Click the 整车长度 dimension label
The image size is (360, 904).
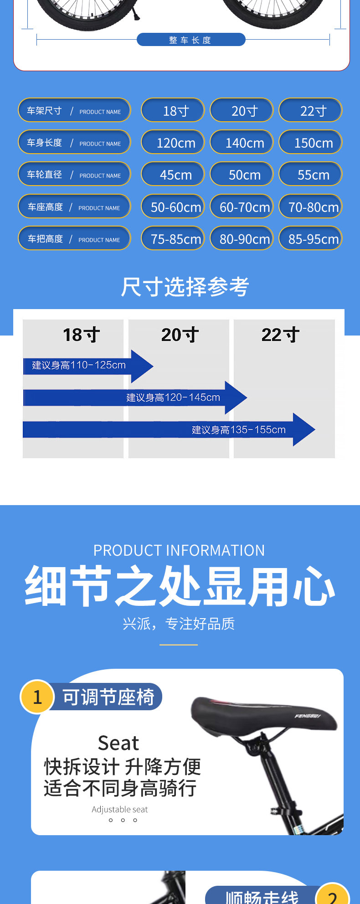coord(190,40)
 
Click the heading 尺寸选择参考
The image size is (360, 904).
coord(185,287)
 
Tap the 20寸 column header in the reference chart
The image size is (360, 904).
coord(180,335)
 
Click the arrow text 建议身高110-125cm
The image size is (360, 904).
coord(79,365)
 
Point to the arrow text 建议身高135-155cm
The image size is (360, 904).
coord(239,429)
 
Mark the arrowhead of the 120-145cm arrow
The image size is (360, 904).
coord(236,398)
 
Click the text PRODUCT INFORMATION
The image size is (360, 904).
coord(179,550)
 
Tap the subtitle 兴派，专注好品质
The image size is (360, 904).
coord(179,624)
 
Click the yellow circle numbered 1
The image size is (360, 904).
coord(37,697)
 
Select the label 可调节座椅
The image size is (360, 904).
coord(108,697)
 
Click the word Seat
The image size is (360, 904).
coord(118,743)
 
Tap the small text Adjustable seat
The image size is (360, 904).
coord(120,809)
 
